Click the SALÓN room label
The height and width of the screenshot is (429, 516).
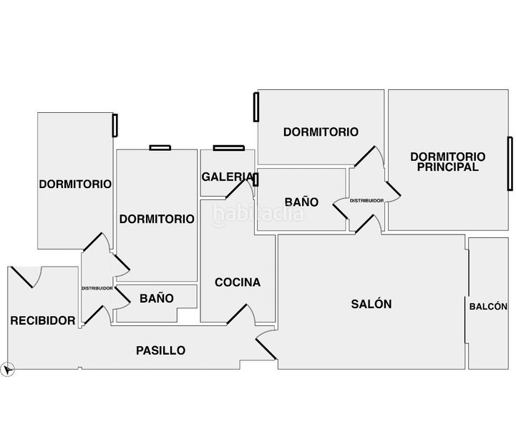371,304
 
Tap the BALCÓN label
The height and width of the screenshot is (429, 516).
488,307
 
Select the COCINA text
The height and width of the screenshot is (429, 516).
238,282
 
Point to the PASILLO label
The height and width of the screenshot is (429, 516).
160,350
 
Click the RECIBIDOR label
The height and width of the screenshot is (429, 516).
43,320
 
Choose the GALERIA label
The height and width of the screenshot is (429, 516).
228,177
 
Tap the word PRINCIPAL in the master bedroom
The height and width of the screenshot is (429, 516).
447,167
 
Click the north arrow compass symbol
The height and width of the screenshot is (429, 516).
8,369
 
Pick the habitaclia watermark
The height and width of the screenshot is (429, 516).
258,214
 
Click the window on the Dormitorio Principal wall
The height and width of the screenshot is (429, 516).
510,164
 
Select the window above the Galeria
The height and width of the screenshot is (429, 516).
229,148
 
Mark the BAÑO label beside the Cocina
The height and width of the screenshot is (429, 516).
157,298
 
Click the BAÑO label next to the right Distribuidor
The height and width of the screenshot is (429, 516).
301,202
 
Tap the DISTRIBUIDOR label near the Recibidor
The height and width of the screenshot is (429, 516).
97,288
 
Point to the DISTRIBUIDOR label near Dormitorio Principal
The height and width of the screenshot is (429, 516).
366,200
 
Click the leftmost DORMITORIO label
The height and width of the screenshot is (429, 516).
75,184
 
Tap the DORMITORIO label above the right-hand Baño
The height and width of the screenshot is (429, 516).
321,132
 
